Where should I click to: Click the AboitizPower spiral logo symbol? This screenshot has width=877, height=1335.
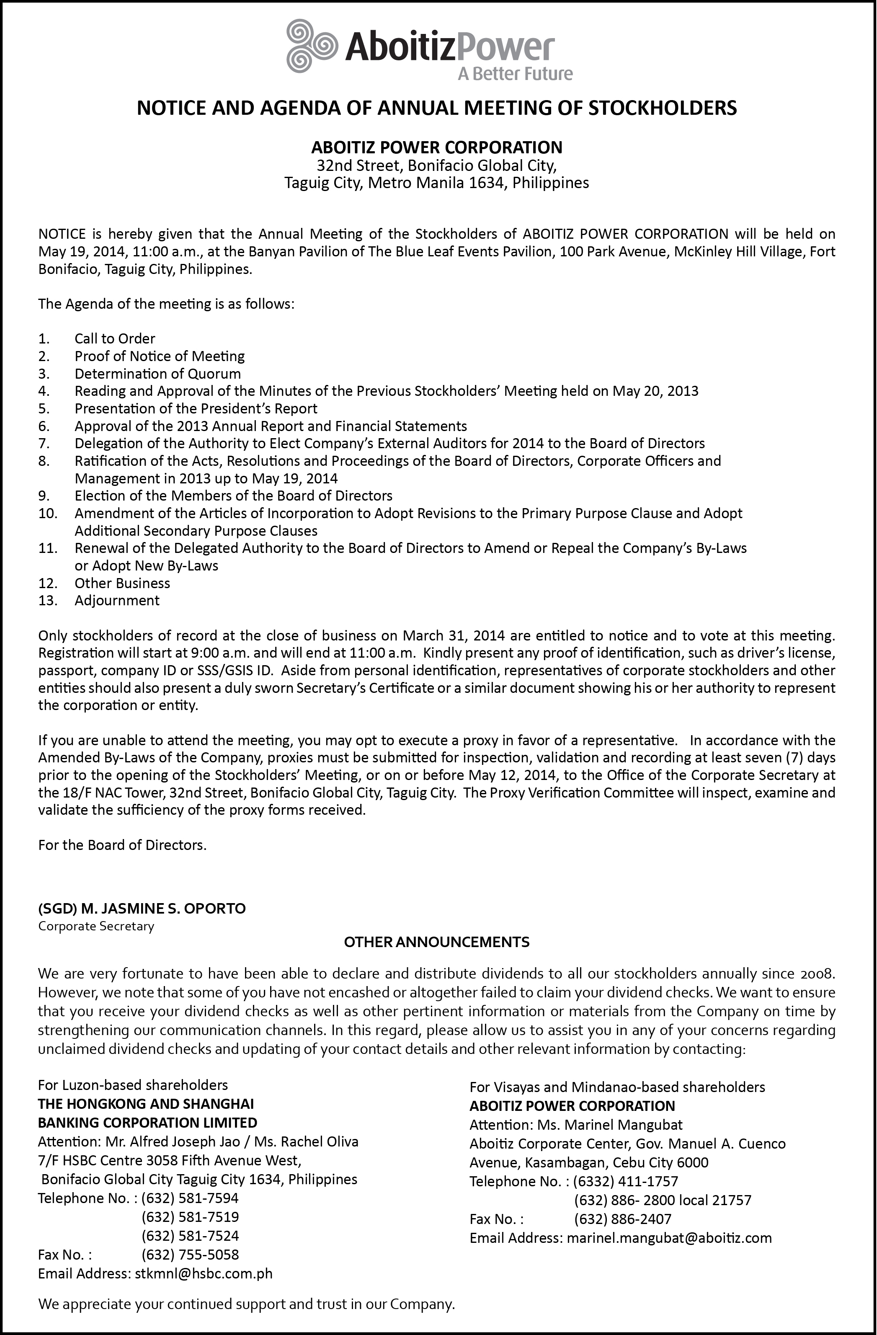[x=311, y=46]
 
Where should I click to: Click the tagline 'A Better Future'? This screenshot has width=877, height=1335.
[x=515, y=73]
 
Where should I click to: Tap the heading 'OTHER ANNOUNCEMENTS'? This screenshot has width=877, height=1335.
[x=436, y=942]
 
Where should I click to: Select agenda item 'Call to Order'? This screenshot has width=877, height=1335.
[x=115, y=339]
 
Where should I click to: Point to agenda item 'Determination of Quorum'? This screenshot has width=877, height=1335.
[x=157, y=374]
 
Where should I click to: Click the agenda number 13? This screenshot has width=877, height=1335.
[x=48, y=601]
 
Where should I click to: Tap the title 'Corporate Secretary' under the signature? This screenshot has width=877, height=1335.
[x=96, y=926]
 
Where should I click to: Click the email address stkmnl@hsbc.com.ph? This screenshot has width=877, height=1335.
[x=204, y=1274]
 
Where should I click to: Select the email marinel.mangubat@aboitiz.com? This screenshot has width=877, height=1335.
[x=669, y=1238]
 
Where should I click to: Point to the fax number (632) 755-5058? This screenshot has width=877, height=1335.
[x=190, y=1255]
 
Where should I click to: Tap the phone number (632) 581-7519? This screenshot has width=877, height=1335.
[x=190, y=1217]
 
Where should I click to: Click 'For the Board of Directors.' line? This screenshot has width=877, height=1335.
[x=122, y=845]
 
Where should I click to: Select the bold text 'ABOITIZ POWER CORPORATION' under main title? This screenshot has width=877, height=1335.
[x=436, y=147]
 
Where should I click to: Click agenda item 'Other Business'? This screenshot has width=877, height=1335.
[x=122, y=584]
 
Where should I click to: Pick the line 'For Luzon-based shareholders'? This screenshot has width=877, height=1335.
[x=133, y=1085]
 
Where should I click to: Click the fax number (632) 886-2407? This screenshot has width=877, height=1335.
[x=622, y=1219]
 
